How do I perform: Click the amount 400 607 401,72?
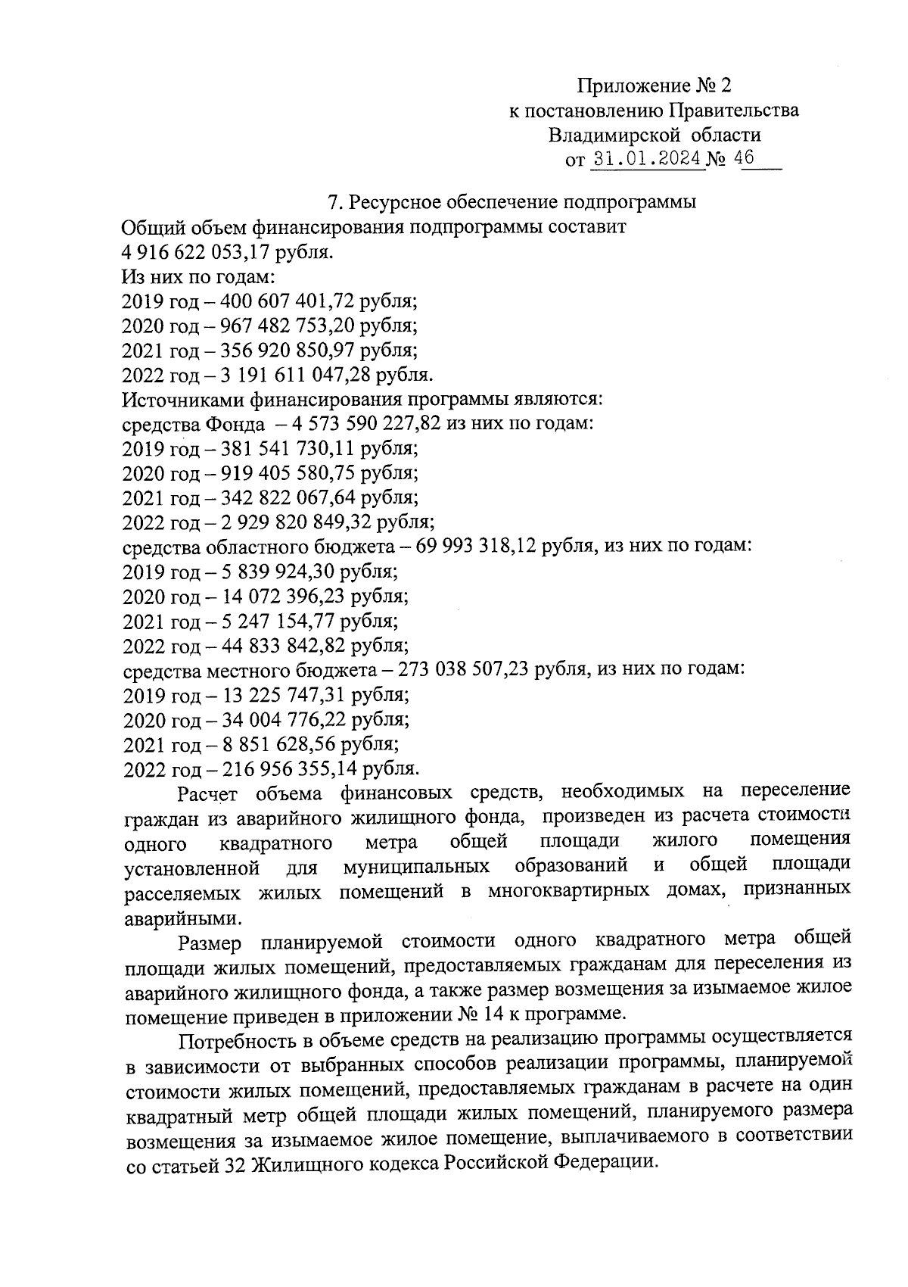288,301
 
